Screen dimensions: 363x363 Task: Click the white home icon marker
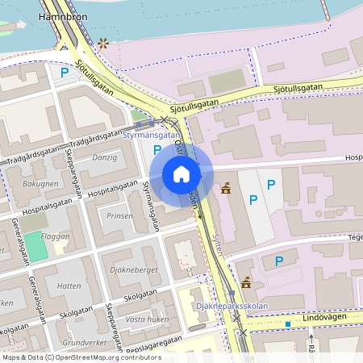coord(181,174)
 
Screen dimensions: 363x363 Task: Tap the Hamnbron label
coord(63,15)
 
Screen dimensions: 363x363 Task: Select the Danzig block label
coord(104,156)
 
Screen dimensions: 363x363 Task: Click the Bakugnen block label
coord(40,184)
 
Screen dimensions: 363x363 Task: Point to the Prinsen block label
coord(119,216)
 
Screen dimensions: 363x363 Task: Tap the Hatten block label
coord(70,286)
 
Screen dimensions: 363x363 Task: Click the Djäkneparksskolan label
coord(230,307)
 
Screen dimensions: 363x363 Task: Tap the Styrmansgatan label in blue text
coord(151,136)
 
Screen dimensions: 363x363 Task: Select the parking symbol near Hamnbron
coord(64,73)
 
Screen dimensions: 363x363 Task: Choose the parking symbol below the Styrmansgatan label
coord(156,149)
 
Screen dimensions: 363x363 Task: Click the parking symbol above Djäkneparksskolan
coord(279,261)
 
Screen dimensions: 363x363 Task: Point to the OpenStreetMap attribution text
coord(70,357)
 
